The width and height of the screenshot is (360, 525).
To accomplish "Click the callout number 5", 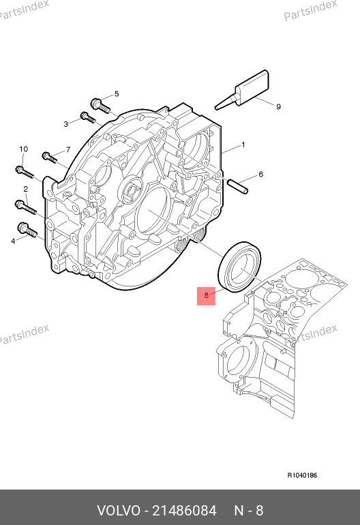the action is (117, 94).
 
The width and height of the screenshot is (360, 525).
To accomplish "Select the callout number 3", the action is (66, 124).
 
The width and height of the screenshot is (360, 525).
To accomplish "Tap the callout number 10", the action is (23, 149).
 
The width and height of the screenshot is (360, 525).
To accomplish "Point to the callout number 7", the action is (68, 149).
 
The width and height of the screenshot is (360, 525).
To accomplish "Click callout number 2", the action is (26, 189).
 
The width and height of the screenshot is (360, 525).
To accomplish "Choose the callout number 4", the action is (13, 241).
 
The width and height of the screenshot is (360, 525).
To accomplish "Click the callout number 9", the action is (278, 107).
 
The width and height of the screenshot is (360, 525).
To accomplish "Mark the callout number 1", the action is (243, 145).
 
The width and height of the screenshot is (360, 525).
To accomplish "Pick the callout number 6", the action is (261, 174).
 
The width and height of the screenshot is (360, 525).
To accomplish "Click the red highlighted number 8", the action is (207, 295).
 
